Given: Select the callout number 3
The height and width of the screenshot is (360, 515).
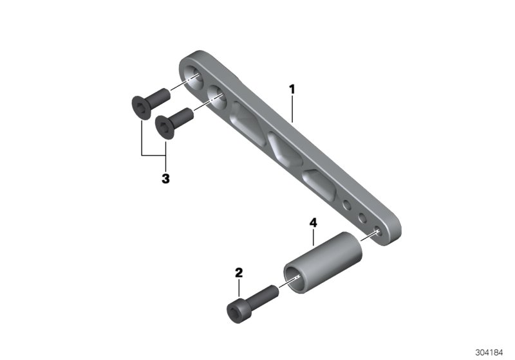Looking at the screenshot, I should click(x=165, y=179).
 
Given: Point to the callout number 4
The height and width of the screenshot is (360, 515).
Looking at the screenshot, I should click(x=313, y=223).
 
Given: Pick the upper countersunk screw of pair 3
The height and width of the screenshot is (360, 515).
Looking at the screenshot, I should click(x=147, y=101).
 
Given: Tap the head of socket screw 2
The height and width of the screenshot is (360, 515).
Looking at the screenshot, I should click(x=236, y=310).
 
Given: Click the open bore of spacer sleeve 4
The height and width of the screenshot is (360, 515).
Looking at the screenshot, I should click(x=298, y=277).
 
